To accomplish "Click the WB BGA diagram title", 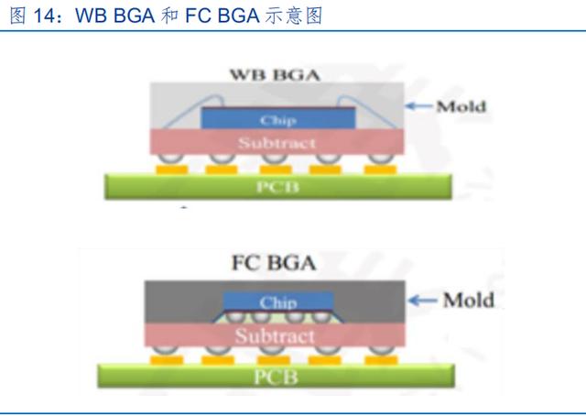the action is tap(275, 74).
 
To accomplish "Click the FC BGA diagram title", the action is tap(274, 263).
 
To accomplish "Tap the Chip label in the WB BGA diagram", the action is tap(278, 120).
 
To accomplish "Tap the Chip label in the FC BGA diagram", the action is tap(278, 301).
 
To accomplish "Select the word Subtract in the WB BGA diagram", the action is tap(277, 143).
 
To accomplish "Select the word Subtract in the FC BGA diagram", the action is tap(275, 335).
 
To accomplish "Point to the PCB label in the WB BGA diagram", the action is tap(277, 186).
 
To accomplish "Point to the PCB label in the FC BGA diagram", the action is tap(276, 377).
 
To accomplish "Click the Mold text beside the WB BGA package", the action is tap(461, 106).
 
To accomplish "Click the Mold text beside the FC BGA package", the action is tap(468, 300).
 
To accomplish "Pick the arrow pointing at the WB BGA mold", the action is tap(419, 106).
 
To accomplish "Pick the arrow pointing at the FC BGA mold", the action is tap(423, 301).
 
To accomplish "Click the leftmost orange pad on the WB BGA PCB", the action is tap(171, 170).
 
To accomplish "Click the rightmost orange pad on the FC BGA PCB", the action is tap(381, 360).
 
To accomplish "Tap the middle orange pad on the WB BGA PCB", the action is tap(276, 170).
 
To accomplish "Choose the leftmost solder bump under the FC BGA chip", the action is tap(236, 316).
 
